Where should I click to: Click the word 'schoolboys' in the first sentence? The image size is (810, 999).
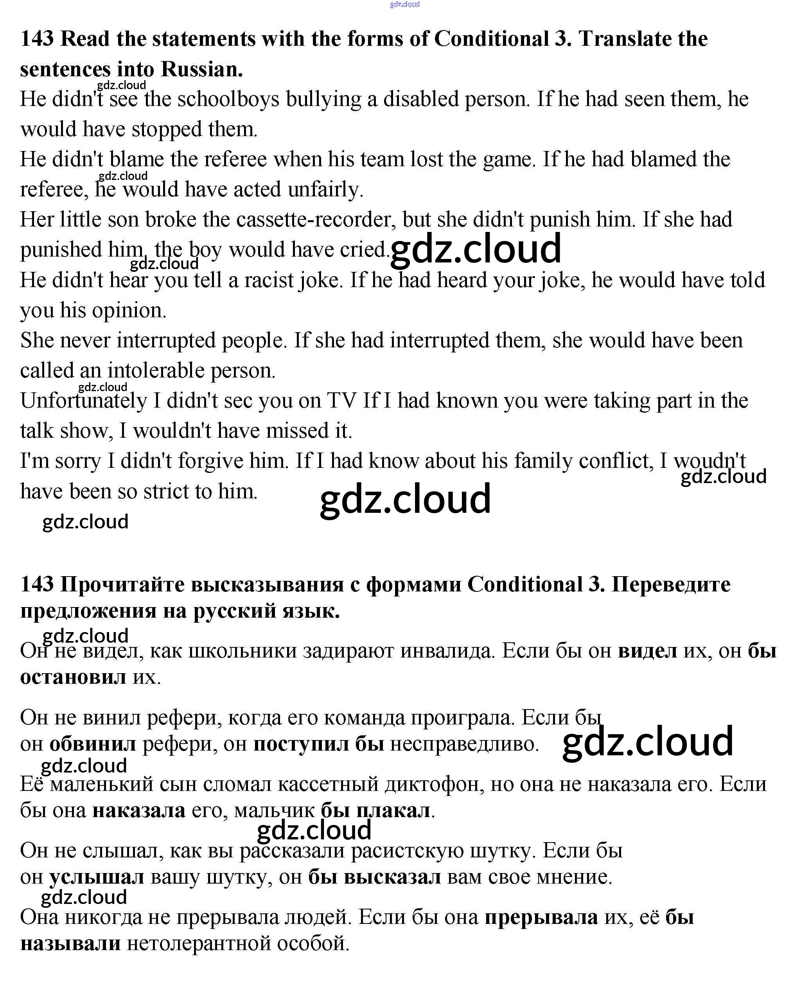point(228,99)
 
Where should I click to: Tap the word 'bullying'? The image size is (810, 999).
point(323,99)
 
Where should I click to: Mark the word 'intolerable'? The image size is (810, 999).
point(156,371)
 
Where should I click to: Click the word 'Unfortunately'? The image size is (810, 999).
point(84,401)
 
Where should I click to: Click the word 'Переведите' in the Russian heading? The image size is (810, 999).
point(670,584)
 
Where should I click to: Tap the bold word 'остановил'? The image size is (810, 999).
point(73,677)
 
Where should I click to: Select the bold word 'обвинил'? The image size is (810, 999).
point(93,744)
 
